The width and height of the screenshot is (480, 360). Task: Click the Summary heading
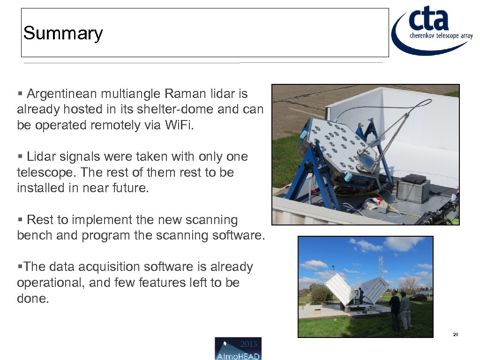(x=63, y=33)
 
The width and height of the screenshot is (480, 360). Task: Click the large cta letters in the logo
(x=428, y=20)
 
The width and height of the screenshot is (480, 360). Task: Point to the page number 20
(x=455, y=335)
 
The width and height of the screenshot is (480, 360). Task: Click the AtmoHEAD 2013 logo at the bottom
(x=238, y=349)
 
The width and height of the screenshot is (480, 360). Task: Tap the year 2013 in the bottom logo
(x=248, y=344)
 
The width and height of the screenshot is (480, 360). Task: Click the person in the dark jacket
(x=395, y=309)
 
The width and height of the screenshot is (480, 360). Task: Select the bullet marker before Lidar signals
(x=20, y=157)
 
